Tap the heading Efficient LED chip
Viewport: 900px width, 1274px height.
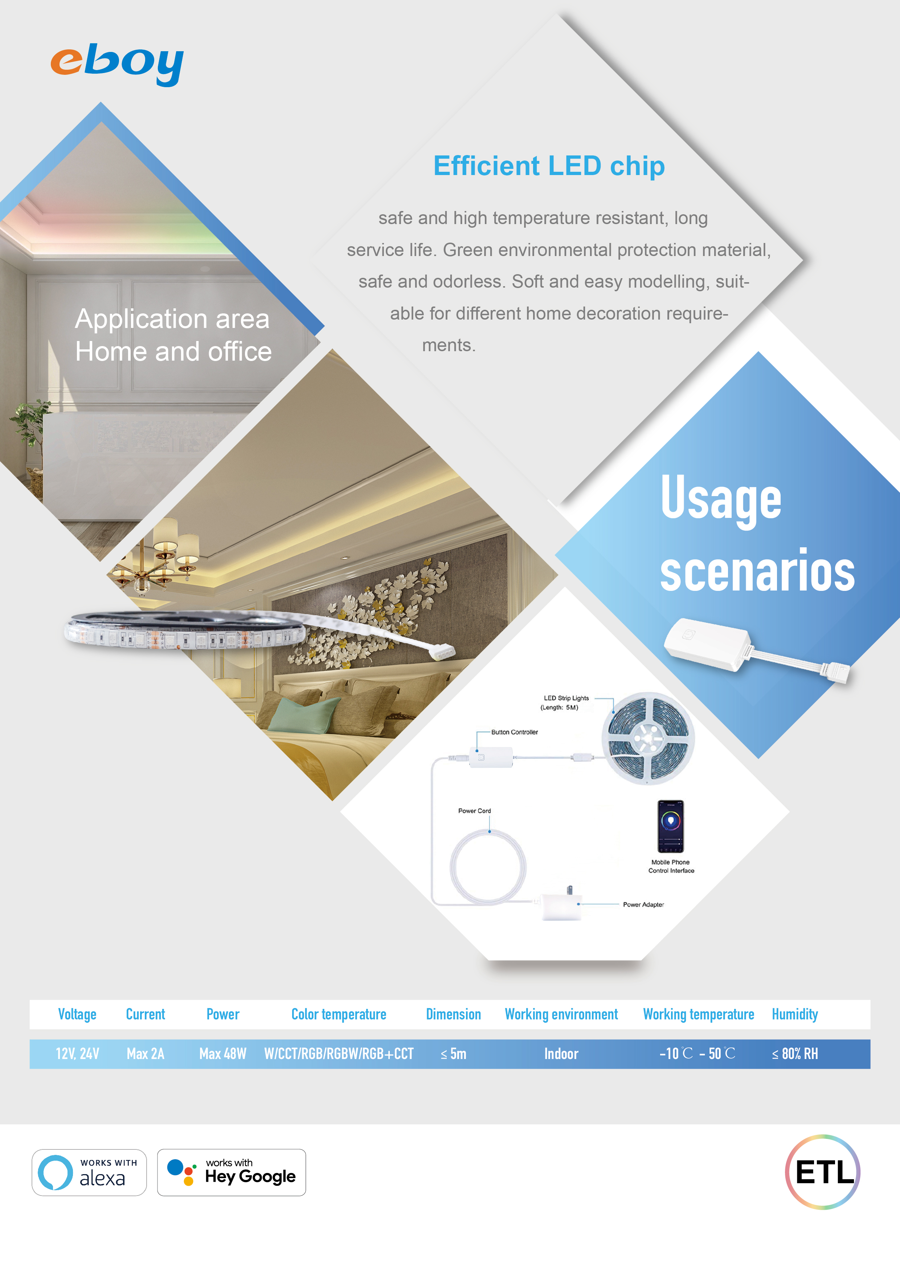click(549, 166)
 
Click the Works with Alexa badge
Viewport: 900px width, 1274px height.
click(89, 1172)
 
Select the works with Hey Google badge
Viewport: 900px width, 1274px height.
click(231, 1172)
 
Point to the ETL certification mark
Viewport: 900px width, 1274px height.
click(823, 1172)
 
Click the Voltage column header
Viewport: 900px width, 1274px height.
click(77, 1014)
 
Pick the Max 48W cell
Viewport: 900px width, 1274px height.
click(222, 1054)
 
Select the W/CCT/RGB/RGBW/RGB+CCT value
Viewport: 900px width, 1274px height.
click(339, 1054)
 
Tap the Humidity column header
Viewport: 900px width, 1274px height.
click(795, 1014)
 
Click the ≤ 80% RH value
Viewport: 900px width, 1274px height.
click(795, 1054)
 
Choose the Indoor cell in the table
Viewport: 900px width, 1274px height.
click(561, 1054)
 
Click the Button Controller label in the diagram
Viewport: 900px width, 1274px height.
click(515, 733)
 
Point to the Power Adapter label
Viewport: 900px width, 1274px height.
click(643, 904)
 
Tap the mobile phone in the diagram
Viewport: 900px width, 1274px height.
click(670, 826)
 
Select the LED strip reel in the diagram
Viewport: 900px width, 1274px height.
click(648, 738)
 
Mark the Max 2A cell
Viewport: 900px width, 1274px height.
click(145, 1054)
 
